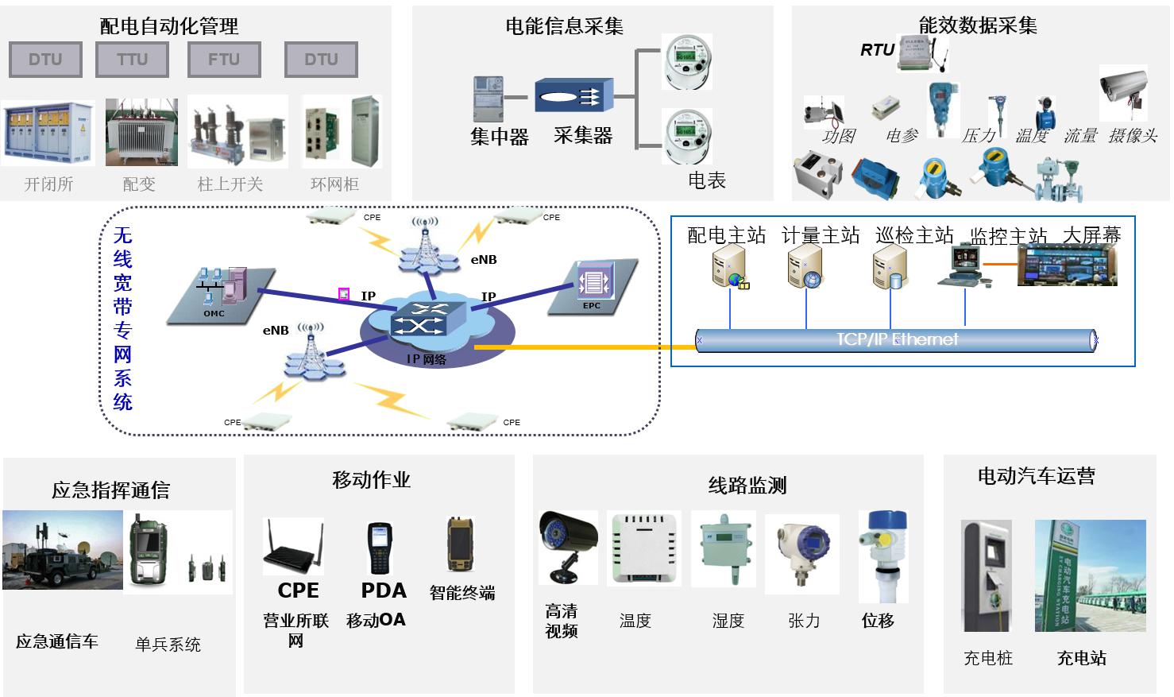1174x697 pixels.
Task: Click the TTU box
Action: (x=132, y=60)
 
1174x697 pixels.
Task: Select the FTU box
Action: (x=224, y=60)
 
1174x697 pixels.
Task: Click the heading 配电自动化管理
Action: (x=169, y=26)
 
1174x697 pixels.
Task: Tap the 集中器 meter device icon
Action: (x=489, y=99)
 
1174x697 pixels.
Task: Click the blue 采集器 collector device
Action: (x=573, y=96)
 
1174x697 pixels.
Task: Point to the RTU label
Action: (x=877, y=50)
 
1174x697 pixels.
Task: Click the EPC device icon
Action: (x=593, y=282)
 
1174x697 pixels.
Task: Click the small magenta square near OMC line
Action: (x=344, y=294)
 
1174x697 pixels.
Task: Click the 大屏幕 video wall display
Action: (x=1067, y=265)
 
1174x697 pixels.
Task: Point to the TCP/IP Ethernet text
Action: (x=897, y=339)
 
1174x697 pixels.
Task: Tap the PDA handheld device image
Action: (x=380, y=548)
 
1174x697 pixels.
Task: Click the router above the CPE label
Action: (x=293, y=547)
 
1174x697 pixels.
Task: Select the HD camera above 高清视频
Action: (x=567, y=545)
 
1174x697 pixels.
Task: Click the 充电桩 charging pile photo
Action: (x=987, y=575)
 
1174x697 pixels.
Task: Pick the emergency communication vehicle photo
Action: (x=63, y=550)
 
